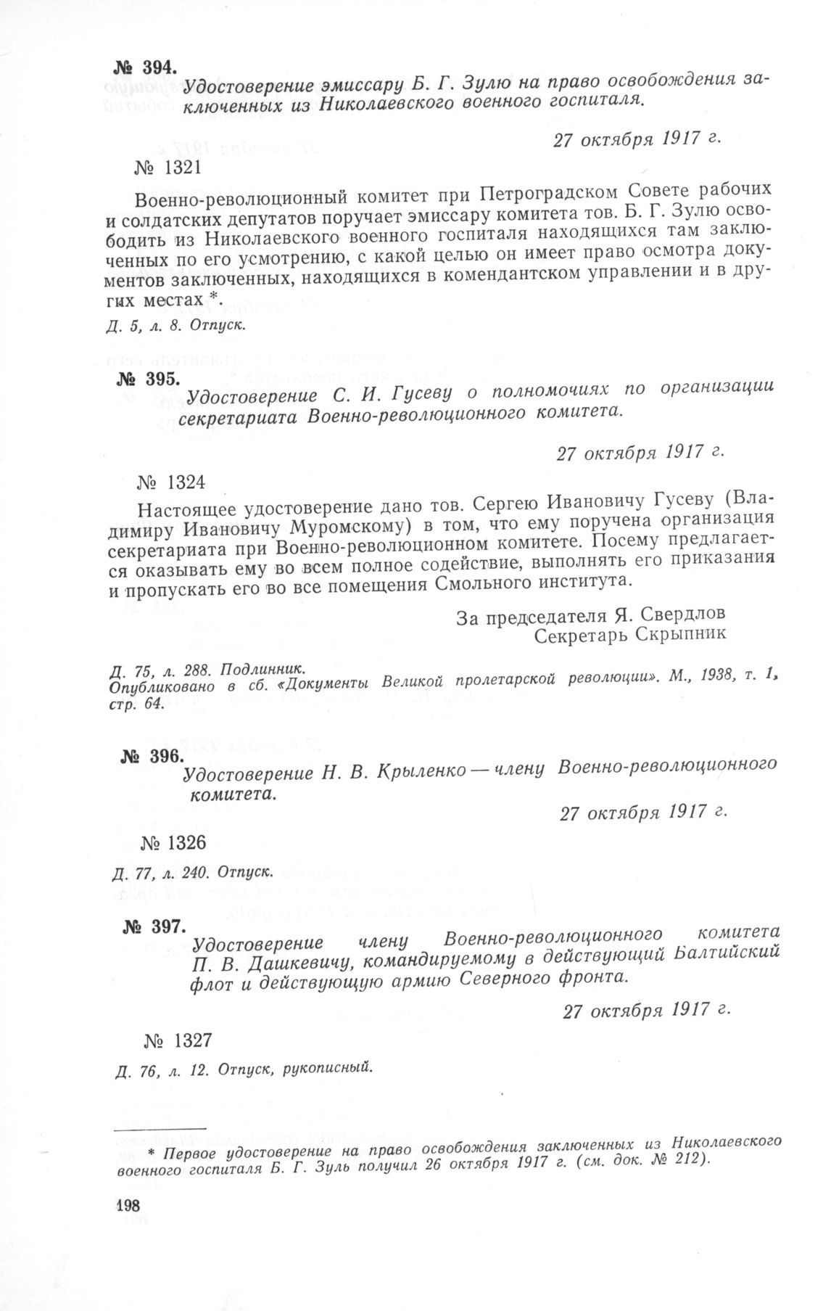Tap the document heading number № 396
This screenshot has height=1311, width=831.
151,756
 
